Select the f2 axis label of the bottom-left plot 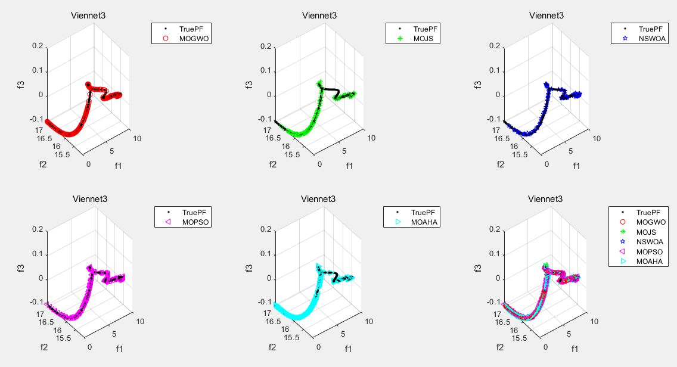pos(44,347)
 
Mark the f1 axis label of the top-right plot pos(576,166)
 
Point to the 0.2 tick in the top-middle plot pos(266,46)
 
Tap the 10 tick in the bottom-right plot pos(594,322)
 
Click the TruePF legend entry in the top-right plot pos(649,28)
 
